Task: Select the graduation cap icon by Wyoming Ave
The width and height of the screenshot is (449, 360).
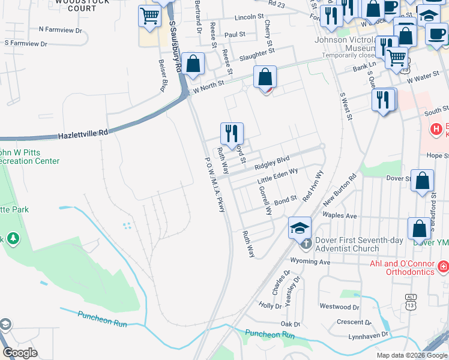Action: (300, 229)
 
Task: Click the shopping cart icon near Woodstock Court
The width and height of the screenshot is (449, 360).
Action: (149, 17)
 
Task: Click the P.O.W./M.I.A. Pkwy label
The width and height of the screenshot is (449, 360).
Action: (215, 185)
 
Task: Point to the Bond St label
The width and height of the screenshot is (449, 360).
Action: (286, 199)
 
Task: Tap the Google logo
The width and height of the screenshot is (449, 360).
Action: (20, 352)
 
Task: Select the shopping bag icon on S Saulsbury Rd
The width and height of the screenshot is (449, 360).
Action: (193, 64)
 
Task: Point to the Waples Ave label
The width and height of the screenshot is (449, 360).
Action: (340, 215)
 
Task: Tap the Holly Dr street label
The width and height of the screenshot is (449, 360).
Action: (270, 305)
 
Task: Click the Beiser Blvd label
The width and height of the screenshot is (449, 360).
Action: (161, 76)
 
